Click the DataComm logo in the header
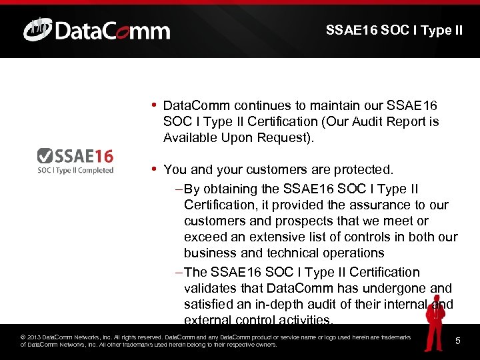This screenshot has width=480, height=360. (x=97, y=31)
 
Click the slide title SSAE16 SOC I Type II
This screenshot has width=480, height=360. (x=394, y=30)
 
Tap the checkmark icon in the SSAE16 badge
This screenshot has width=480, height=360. (x=45, y=156)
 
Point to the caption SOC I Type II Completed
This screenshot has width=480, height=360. (x=75, y=170)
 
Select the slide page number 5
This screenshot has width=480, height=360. (x=458, y=341)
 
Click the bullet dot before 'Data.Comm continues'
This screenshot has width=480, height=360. (x=154, y=105)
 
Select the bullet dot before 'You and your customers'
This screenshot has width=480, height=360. (x=154, y=169)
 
